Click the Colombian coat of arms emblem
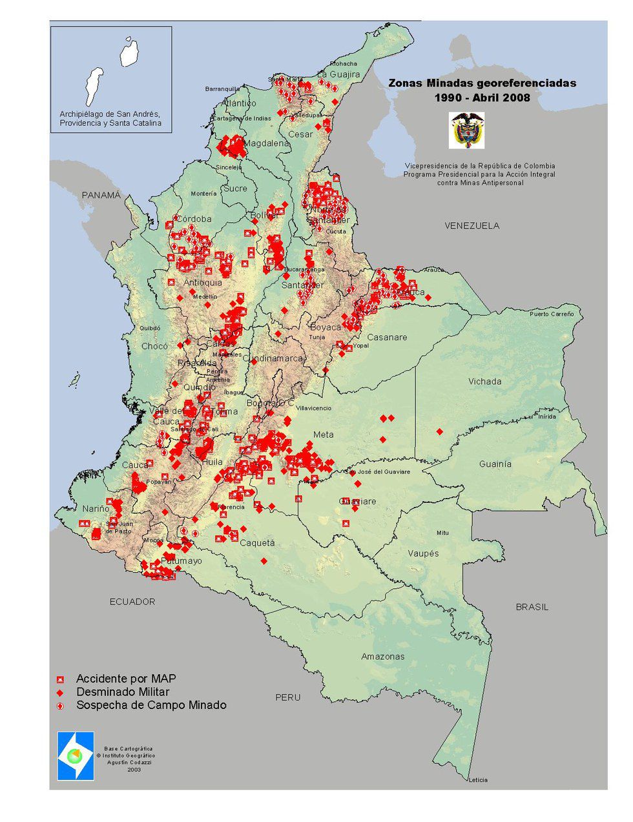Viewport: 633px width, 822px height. click(x=467, y=130)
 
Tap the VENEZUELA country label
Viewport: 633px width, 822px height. click(x=472, y=225)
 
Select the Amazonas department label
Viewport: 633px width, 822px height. click(x=383, y=657)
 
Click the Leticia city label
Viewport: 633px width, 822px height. click(x=478, y=780)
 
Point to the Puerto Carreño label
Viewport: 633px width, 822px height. click(x=551, y=314)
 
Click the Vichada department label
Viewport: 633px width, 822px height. click(x=485, y=381)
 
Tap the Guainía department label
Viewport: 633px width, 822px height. click(x=495, y=464)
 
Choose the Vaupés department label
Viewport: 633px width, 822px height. click(x=423, y=553)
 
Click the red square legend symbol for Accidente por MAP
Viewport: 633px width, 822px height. click(x=60, y=679)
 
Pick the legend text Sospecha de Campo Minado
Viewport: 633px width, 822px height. click(x=151, y=705)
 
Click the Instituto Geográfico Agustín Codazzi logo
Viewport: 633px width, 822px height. click(x=76, y=755)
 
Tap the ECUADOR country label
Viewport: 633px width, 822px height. click(x=132, y=601)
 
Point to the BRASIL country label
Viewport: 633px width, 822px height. click(x=532, y=607)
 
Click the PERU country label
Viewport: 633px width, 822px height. click(x=287, y=697)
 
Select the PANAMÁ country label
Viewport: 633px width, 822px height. click(x=101, y=195)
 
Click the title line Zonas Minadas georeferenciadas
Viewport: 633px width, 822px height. click(x=482, y=83)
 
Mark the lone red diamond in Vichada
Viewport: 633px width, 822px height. click(x=439, y=431)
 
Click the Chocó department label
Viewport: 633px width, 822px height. click(x=154, y=346)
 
